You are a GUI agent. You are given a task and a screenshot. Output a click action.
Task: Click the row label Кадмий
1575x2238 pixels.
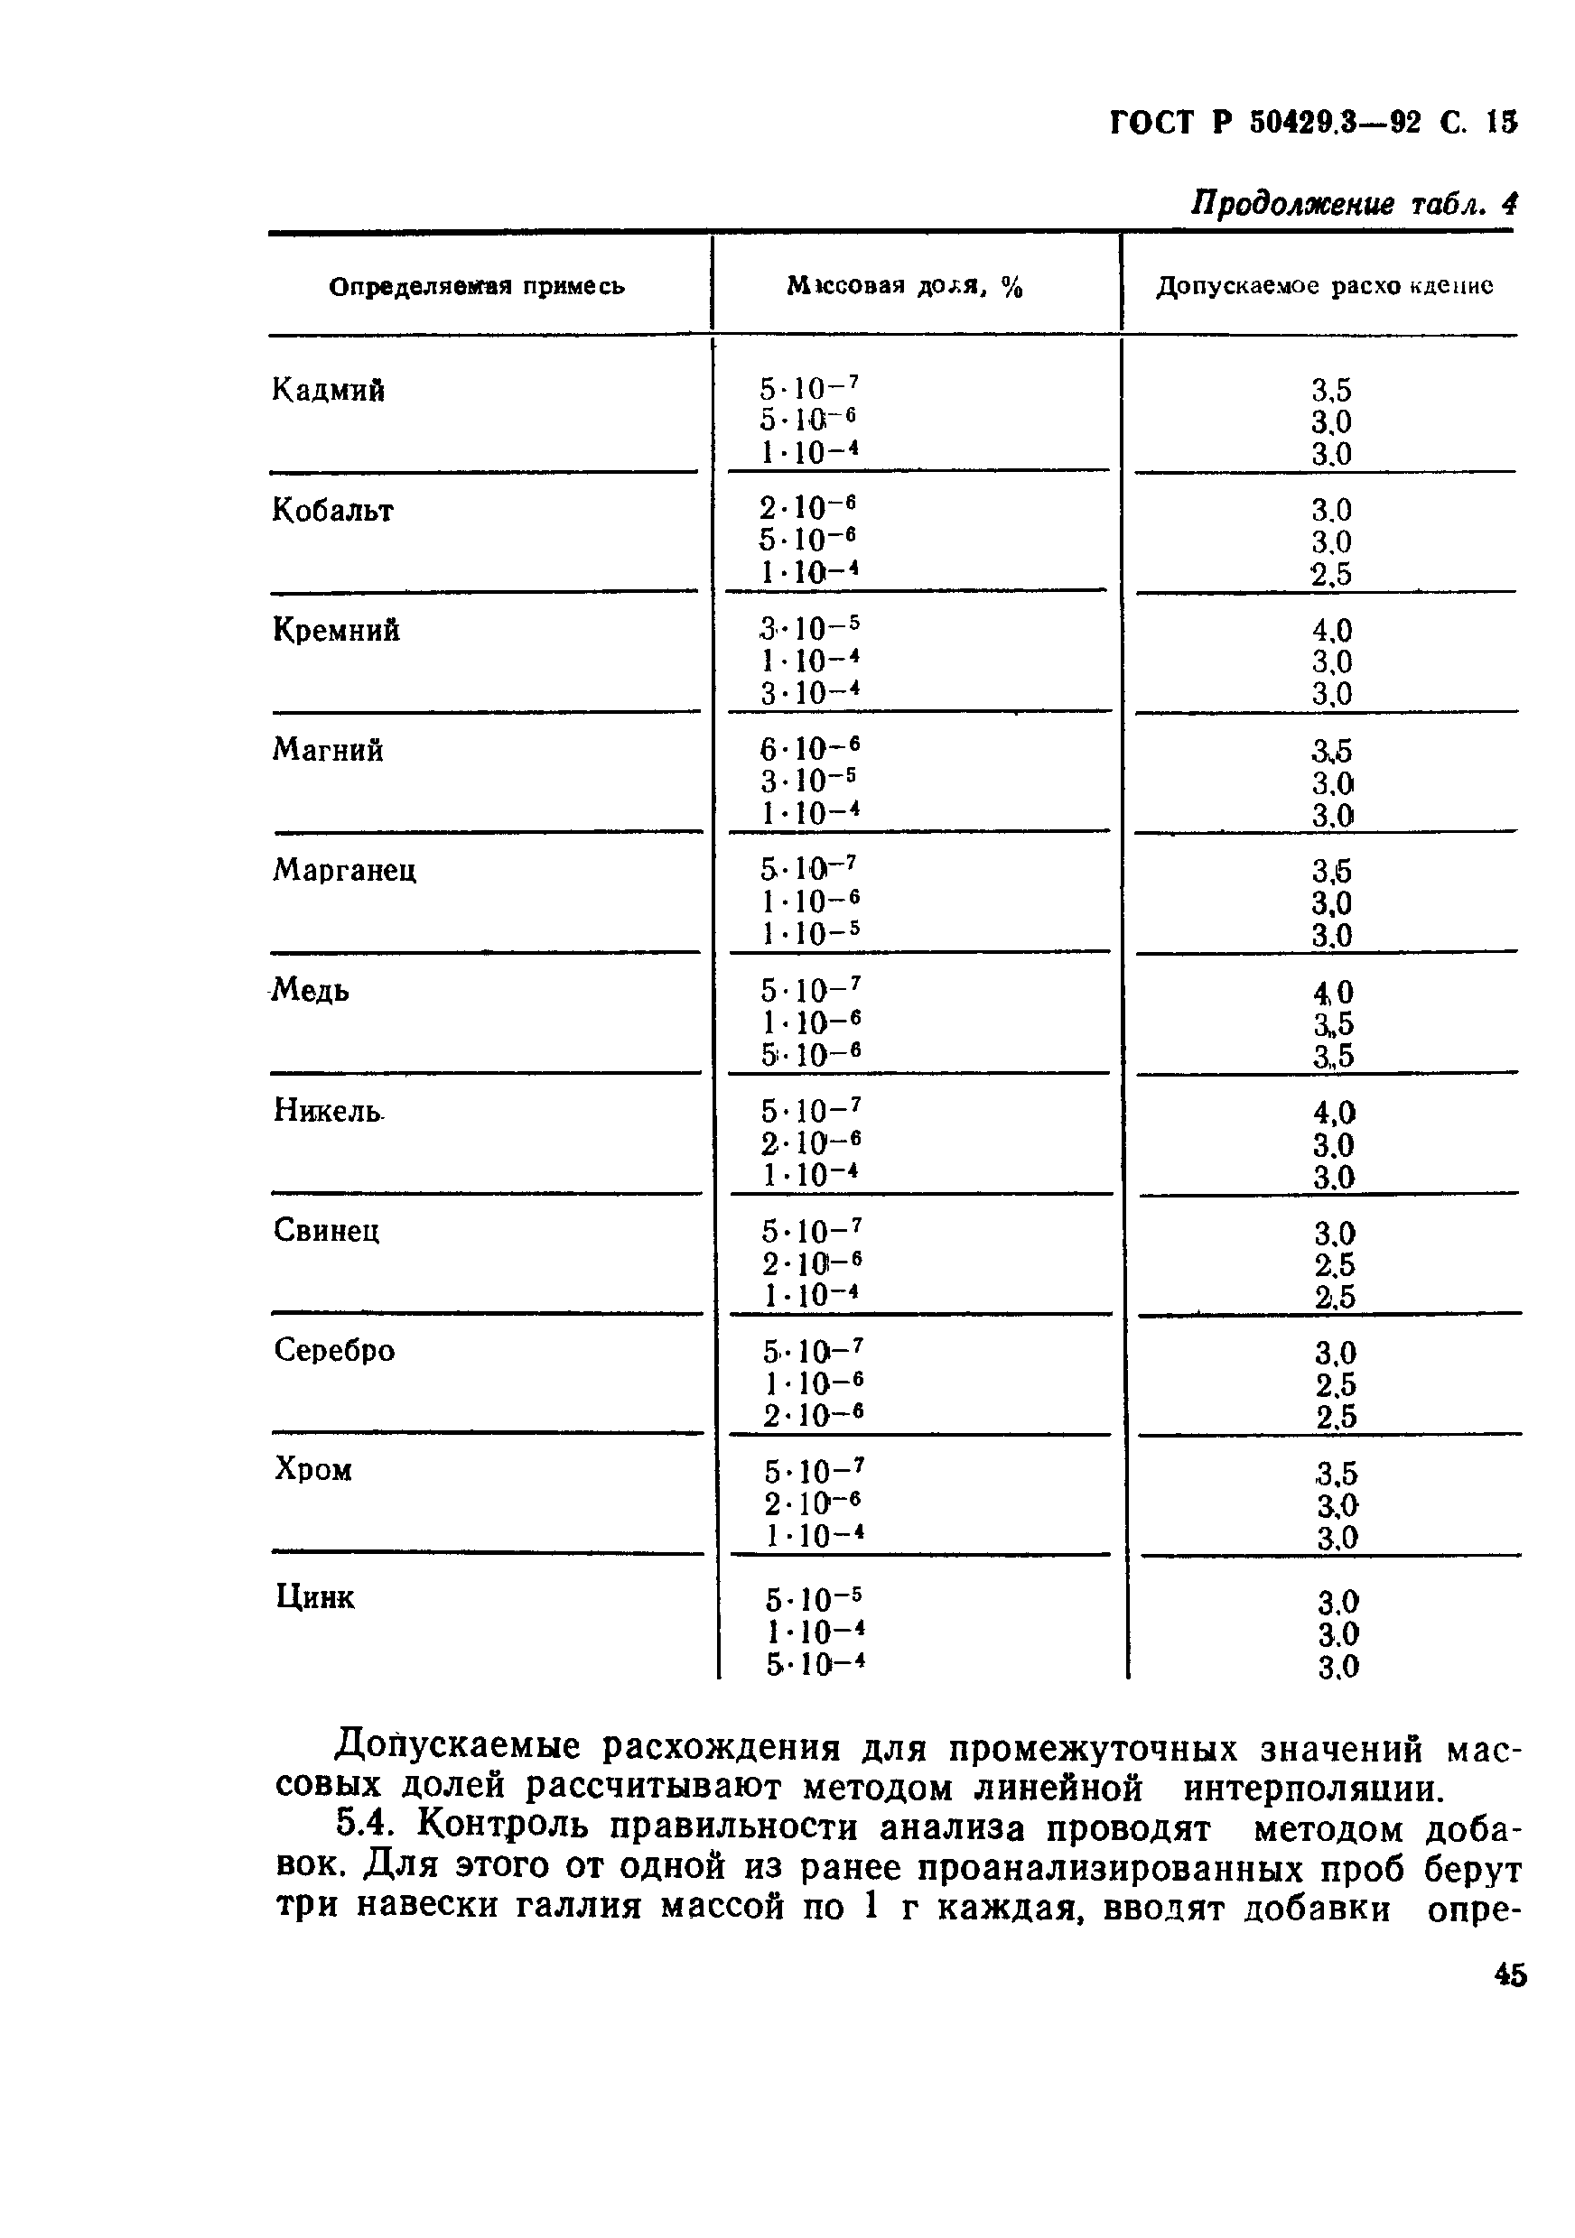[x=328, y=391]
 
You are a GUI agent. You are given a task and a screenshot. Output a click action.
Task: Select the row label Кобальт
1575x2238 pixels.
[x=331, y=511]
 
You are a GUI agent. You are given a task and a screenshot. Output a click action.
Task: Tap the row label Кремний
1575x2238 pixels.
[x=335, y=631]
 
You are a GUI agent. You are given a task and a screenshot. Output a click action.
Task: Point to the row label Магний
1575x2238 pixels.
[x=328, y=751]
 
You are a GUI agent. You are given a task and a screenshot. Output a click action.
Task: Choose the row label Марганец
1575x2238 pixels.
[x=344, y=871]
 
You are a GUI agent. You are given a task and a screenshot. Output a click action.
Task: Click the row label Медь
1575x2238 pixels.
[x=310, y=992]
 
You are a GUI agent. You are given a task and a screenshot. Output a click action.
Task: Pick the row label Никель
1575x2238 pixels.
[x=328, y=1111]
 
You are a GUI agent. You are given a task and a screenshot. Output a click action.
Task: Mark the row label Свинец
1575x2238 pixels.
[x=326, y=1231]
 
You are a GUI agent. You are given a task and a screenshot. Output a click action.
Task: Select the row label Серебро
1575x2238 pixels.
[x=333, y=1351]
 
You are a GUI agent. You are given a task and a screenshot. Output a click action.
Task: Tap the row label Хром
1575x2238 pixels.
[x=312, y=1470]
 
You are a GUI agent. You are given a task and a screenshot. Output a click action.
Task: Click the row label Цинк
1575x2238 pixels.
[x=314, y=1597]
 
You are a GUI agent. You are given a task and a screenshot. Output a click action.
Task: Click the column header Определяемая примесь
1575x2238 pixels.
[x=477, y=287]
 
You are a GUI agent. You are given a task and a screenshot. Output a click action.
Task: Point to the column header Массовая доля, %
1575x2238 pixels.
[x=904, y=287]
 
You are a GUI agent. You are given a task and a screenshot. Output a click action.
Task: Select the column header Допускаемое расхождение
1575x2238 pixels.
[x=1324, y=287]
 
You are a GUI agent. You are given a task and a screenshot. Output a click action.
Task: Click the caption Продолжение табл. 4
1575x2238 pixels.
[x=1354, y=204]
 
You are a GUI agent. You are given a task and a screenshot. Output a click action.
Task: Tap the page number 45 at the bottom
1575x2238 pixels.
[x=1510, y=1975]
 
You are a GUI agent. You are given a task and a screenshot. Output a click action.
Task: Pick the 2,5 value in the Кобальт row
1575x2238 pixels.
[x=1331, y=575]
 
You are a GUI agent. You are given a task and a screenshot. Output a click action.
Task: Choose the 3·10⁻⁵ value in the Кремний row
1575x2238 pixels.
[x=809, y=630]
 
